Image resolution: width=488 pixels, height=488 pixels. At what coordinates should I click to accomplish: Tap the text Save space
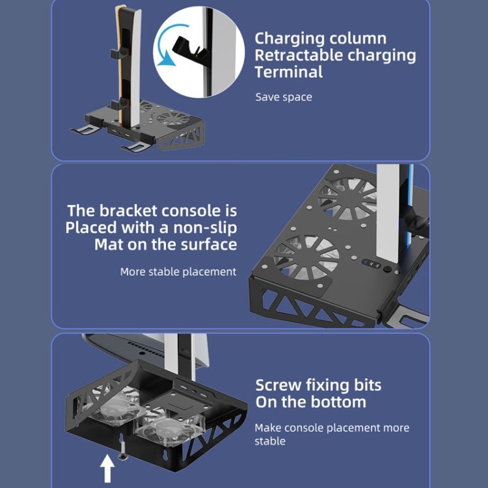click(x=283, y=97)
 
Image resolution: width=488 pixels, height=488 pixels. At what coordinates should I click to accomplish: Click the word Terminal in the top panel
click(x=288, y=72)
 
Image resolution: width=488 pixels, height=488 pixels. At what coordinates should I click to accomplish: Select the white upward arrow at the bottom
click(x=107, y=467)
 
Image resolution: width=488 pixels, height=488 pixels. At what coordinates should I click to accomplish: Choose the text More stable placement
click(x=178, y=271)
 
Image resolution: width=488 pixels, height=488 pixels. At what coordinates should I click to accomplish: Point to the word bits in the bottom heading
click(x=366, y=385)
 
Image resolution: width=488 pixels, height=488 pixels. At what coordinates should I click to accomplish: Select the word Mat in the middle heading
click(x=109, y=245)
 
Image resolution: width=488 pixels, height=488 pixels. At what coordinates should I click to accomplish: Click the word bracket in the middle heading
click(x=120, y=211)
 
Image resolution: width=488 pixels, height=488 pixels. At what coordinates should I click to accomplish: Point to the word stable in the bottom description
click(x=270, y=441)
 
